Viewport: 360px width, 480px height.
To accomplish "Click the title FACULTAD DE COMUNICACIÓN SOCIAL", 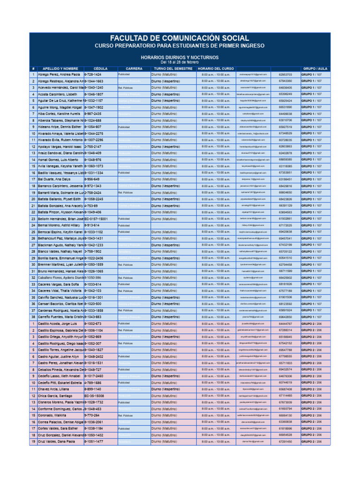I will point(180,37).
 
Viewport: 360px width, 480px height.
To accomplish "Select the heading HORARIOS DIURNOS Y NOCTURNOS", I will point(180,57).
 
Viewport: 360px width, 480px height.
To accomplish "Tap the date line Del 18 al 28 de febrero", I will point(180,62).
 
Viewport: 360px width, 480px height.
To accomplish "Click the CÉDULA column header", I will point(100,68).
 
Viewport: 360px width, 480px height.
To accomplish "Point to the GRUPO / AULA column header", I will point(315,68).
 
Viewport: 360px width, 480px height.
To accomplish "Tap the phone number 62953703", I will point(285,75).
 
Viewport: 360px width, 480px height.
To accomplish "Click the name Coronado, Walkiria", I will point(52,415).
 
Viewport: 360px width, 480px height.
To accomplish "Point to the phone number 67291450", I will point(285,442).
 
